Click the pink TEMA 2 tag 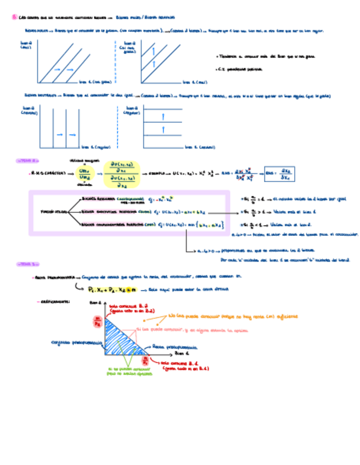pos(27,161)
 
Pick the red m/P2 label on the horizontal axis pos(145,361)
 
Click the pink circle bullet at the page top pos(14,17)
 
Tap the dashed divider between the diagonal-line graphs pos(118,61)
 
